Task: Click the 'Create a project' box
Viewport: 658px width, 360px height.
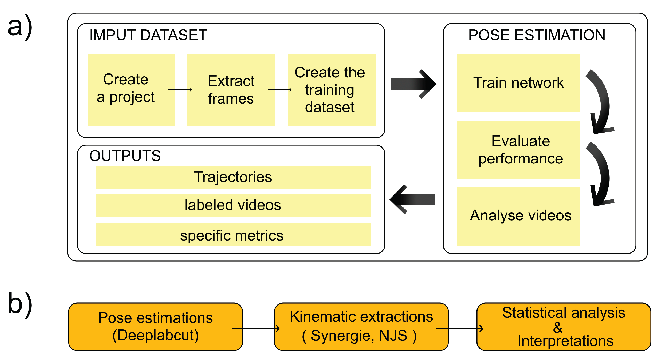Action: point(131,89)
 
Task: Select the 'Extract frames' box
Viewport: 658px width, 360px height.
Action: point(231,89)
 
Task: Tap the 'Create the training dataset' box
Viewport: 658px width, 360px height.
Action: point(332,89)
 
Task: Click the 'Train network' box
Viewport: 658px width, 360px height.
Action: point(518,83)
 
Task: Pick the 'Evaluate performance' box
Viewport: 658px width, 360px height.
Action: point(518,150)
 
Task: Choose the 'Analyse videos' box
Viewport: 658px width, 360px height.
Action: point(518,216)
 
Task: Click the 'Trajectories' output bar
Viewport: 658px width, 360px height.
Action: point(233,177)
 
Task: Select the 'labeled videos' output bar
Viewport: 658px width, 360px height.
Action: point(233,205)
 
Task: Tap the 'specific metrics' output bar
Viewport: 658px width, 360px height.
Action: point(233,235)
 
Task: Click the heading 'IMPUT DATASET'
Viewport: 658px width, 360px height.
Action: point(148,35)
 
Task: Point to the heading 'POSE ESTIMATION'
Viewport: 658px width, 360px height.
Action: point(537,35)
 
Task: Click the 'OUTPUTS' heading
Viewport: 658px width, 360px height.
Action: point(125,156)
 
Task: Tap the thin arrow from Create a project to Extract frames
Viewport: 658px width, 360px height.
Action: point(180,89)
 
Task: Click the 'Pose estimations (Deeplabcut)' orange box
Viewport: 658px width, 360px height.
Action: point(155,326)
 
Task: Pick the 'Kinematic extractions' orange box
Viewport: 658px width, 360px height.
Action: point(361,326)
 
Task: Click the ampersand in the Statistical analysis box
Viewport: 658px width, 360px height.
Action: point(557,328)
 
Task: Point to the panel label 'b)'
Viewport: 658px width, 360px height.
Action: point(20,304)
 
